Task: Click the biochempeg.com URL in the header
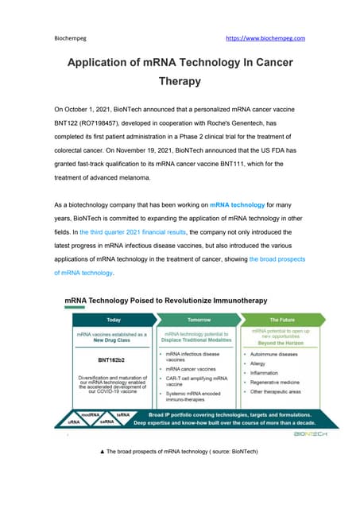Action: [x=265, y=37]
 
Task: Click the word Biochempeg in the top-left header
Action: [x=71, y=37]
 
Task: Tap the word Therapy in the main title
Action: [x=180, y=80]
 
